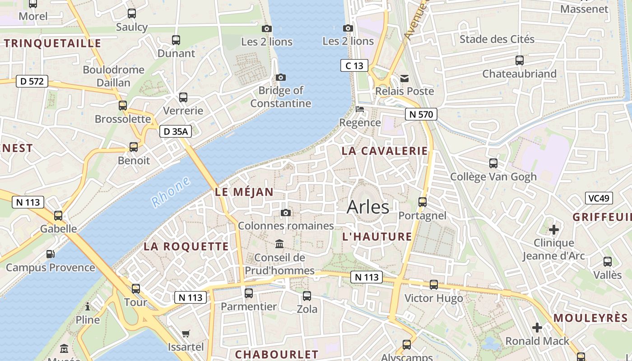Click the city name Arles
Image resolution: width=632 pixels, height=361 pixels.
click(x=367, y=207)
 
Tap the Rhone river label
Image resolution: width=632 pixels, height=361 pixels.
click(x=170, y=192)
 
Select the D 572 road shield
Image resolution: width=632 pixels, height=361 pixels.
click(x=32, y=81)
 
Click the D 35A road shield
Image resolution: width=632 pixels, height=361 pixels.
click(x=176, y=132)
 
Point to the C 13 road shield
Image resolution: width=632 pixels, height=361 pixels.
click(x=354, y=66)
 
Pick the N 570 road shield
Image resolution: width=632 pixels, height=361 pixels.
click(x=421, y=115)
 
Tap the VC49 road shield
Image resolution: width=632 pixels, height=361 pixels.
click(x=599, y=198)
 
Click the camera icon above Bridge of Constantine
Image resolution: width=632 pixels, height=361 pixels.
click(x=280, y=78)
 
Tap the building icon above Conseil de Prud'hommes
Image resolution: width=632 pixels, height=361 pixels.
click(x=279, y=244)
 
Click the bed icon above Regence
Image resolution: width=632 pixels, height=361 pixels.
click(x=360, y=109)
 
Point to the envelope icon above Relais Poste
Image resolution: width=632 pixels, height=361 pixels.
click(x=404, y=79)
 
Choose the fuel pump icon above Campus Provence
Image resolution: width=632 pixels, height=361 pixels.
click(x=51, y=254)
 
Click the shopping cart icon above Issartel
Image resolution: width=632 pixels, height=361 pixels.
click(x=186, y=334)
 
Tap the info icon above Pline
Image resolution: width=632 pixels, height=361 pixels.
click(x=88, y=307)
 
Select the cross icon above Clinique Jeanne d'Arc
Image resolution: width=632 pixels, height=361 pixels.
click(x=553, y=230)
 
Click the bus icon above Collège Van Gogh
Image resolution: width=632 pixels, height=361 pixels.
click(x=493, y=163)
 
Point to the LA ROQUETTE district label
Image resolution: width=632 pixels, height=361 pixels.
click(x=186, y=247)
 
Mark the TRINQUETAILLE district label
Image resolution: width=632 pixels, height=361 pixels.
click(x=52, y=44)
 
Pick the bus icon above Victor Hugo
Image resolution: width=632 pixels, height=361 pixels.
click(x=434, y=285)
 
